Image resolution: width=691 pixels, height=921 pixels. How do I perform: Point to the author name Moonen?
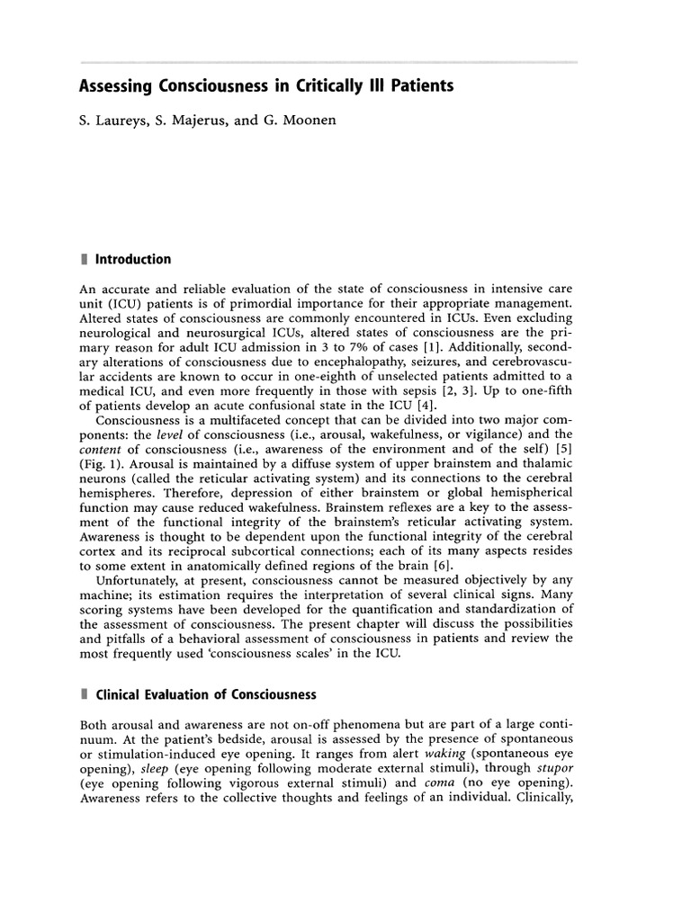pos(304,119)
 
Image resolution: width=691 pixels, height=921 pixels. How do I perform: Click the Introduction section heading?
pos(133,259)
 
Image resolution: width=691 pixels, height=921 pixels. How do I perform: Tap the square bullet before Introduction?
pos(84,259)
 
